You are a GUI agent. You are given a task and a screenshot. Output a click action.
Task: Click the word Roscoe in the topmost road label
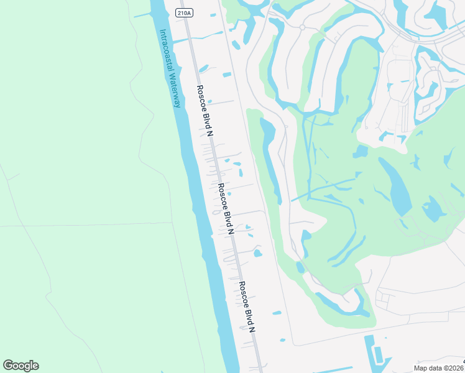point(200,97)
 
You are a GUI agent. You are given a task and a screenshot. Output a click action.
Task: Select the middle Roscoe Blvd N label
point(224,208)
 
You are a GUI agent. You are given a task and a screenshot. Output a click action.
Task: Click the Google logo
point(21,366)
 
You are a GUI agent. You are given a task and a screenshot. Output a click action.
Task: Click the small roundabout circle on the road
point(302,27)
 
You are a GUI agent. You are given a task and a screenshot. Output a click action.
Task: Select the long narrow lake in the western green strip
point(271,159)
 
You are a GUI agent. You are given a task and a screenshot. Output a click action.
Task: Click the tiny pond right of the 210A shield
point(213,14)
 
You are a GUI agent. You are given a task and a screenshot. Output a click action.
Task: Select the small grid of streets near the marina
point(382,301)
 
